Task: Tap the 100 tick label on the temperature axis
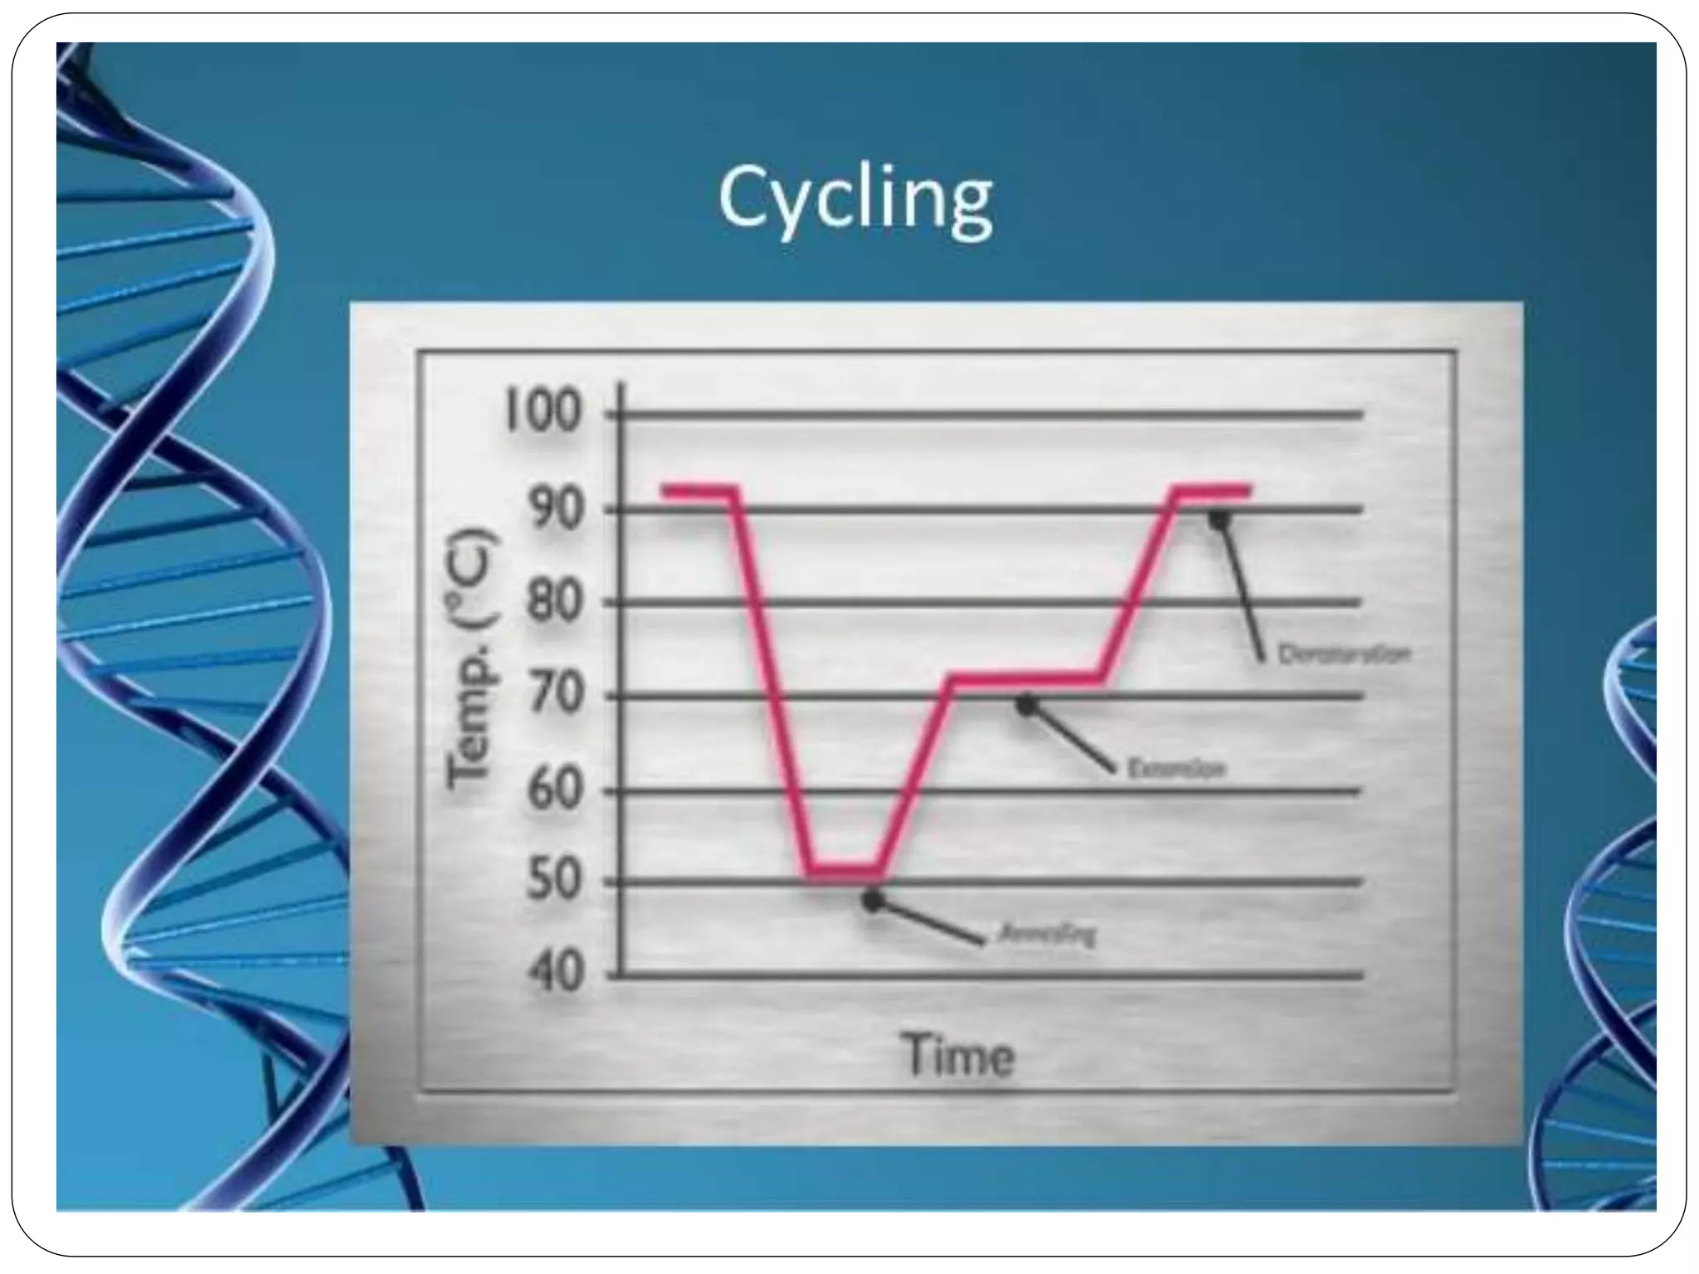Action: point(543,412)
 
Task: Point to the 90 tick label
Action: point(553,509)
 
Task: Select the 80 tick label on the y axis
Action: point(553,603)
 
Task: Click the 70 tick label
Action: point(553,695)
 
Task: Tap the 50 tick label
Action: point(553,882)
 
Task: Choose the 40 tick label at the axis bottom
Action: point(553,975)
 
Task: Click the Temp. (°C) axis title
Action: point(475,659)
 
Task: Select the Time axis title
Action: point(958,1057)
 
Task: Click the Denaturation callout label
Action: point(1344,654)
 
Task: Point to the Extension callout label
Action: point(1176,770)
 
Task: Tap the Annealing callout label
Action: point(1047,935)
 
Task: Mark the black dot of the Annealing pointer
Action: point(873,901)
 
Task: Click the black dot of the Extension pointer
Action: point(1027,705)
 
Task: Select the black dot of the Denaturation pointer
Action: point(1219,519)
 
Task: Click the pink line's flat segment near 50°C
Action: point(845,871)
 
